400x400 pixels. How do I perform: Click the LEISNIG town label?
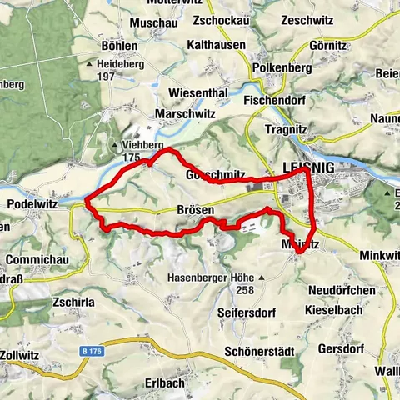tap(307, 168)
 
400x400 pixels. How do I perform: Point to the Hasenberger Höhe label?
tap(210, 276)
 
